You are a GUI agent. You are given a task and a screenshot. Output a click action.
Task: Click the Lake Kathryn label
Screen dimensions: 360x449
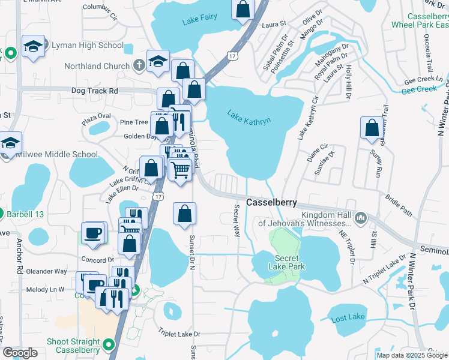point(249,116)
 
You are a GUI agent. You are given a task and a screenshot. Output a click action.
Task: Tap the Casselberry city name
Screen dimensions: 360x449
point(271,203)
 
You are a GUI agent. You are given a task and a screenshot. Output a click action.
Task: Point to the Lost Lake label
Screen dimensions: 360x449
point(347,318)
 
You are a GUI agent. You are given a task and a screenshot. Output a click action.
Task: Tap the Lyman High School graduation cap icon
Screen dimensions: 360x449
point(33,46)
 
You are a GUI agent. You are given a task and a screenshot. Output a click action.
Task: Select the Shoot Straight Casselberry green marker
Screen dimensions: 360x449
point(109,344)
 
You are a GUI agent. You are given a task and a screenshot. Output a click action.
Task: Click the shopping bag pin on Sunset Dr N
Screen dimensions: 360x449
point(184,214)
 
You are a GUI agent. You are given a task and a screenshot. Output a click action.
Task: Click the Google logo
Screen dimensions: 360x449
point(20,353)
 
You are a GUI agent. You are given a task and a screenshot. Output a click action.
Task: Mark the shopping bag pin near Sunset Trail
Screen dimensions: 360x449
point(372,128)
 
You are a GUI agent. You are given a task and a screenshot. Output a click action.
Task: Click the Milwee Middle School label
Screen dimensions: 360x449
point(59,154)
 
